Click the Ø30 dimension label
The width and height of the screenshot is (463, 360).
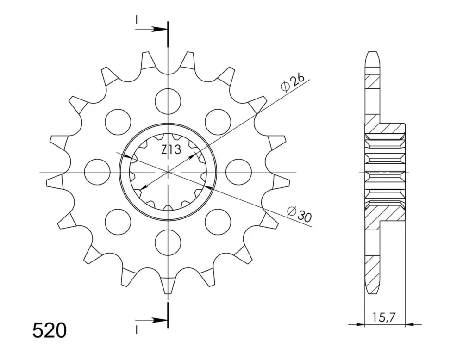299,214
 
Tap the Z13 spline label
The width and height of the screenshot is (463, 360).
171,150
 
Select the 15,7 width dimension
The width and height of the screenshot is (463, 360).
383,317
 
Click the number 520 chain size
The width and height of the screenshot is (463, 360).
50,330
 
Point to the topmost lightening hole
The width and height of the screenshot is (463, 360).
168,101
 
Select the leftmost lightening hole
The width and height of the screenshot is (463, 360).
97,172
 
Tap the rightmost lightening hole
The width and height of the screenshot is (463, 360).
238,172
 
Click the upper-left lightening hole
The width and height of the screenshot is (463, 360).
118,122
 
